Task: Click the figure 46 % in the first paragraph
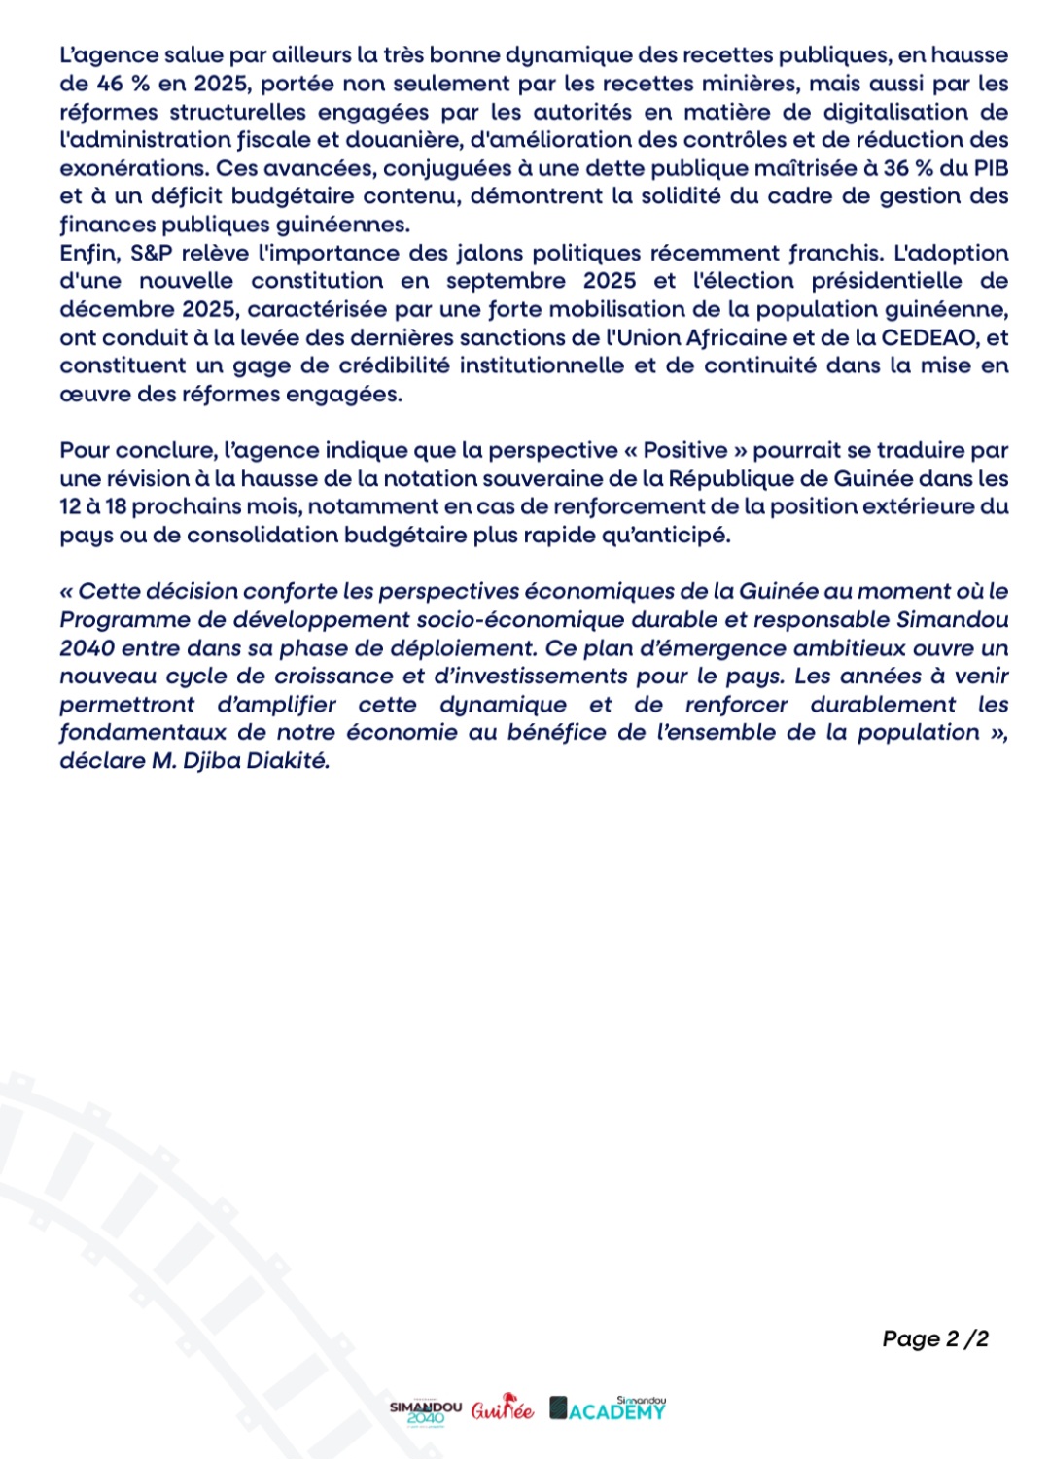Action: (x=122, y=84)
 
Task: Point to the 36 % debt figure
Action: (x=908, y=168)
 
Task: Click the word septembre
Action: (x=506, y=281)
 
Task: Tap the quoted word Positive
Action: (x=685, y=450)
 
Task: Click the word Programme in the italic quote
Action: (x=121, y=619)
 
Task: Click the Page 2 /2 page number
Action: (x=935, y=1338)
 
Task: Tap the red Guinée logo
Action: (x=503, y=1409)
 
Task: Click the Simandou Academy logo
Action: (x=609, y=1408)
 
